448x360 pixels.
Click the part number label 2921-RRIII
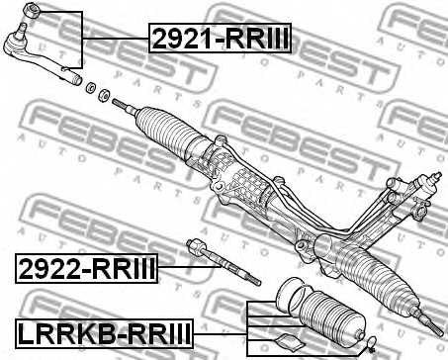point(222,39)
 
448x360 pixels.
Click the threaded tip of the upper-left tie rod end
point(73,71)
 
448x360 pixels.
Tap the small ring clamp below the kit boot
point(365,345)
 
